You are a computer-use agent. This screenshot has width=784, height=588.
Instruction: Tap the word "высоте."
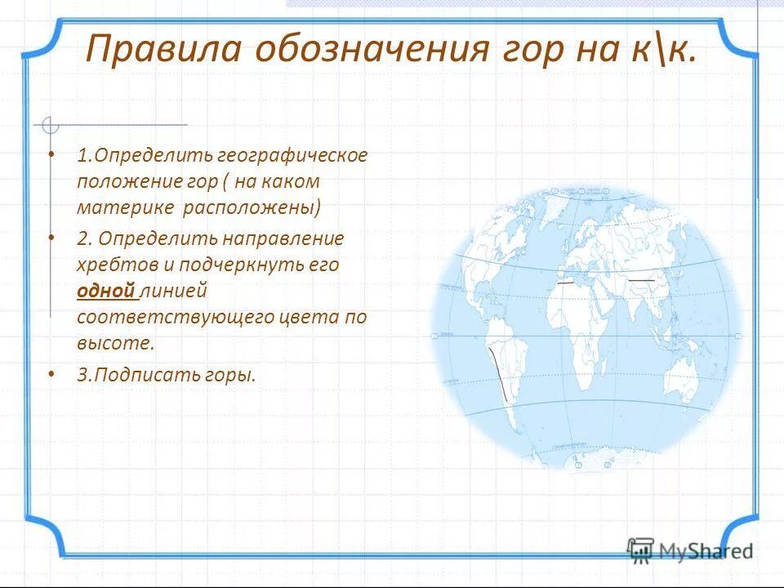pyautogui.click(x=115, y=343)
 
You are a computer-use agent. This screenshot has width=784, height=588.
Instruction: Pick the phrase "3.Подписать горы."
pyautogui.click(x=167, y=375)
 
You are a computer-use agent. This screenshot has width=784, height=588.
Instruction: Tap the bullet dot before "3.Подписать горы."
pyautogui.click(x=51, y=373)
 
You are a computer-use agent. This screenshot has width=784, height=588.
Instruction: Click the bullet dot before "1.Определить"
pyautogui.click(x=51, y=153)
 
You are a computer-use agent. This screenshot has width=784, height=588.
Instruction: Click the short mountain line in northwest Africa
pyautogui.click(x=564, y=282)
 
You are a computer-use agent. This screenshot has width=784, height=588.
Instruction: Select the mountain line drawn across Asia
pyautogui.click(x=641, y=280)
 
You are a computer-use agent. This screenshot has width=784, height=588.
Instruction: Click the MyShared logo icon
pyautogui.click(x=641, y=550)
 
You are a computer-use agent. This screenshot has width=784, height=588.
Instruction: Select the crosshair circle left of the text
pyautogui.click(x=51, y=125)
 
